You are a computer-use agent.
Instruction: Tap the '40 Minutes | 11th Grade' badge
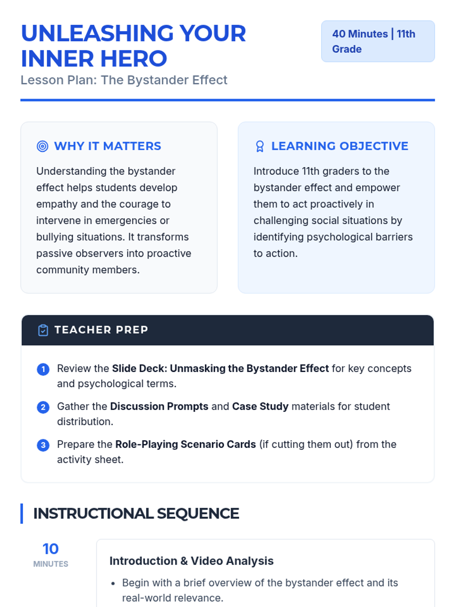[x=378, y=41]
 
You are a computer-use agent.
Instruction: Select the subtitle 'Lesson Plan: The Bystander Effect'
[x=124, y=80]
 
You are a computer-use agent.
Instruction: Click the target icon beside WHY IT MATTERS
[x=42, y=146]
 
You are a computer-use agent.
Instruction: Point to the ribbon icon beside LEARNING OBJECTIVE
[x=260, y=146]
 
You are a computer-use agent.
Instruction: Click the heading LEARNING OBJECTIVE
[x=340, y=146]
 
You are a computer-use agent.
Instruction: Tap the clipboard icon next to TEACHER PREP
[x=43, y=330]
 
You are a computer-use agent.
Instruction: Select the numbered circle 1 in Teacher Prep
[x=43, y=369]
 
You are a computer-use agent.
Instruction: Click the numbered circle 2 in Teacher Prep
[x=43, y=407]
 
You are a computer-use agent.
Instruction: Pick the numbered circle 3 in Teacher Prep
[x=43, y=445]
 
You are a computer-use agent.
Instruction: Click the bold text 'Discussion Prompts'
[x=159, y=406]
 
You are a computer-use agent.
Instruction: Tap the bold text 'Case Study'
[x=260, y=406]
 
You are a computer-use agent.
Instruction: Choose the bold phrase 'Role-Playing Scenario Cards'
[x=185, y=444]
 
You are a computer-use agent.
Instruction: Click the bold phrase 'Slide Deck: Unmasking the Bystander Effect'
[x=220, y=368]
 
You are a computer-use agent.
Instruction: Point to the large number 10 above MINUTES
[x=50, y=549]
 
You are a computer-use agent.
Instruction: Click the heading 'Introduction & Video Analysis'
[x=191, y=561]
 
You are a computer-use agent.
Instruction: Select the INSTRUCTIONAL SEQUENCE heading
[x=136, y=514]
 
